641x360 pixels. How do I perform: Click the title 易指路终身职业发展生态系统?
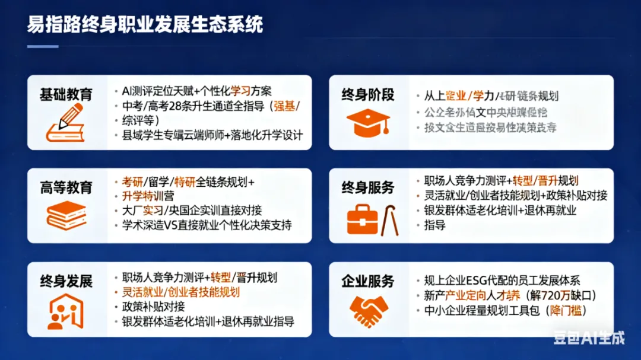[x=145, y=26]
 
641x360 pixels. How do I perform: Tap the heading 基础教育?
[x=66, y=94]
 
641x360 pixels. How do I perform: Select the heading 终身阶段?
[x=367, y=94]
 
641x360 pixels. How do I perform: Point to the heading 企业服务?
[x=367, y=281]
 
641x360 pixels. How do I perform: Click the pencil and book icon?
[x=65, y=123]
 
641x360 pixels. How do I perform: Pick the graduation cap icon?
[x=368, y=123]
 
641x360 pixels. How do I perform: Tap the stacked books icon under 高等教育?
[x=66, y=215]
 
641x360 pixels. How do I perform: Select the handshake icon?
[x=368, y=311]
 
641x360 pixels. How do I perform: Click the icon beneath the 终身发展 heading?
[x=65, y=311]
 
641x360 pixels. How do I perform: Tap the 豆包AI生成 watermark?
[x=589, y=337]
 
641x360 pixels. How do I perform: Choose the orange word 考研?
[x=133, y=181]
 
